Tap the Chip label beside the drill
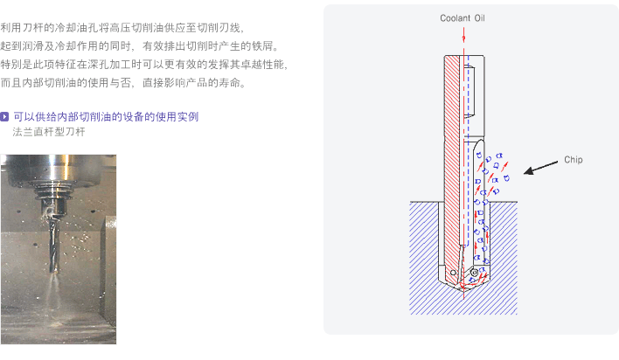tap(573, 160)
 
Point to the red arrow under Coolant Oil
tap(466, 35)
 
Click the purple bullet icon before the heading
tap(5, 116)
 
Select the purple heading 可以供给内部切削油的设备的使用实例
tap(106, 116)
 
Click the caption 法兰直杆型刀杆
tap(49, 132)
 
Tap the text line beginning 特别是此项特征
tap(145, 65)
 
